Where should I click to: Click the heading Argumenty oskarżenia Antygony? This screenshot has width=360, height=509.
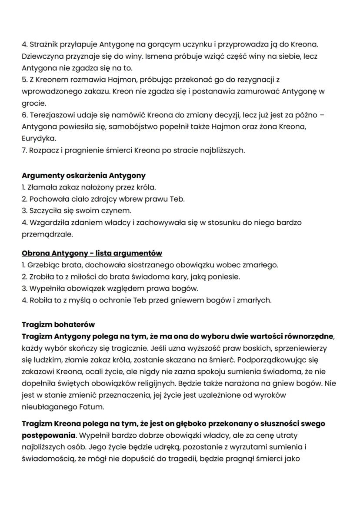tap(83, 176)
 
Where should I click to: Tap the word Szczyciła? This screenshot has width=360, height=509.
tap(45, 211)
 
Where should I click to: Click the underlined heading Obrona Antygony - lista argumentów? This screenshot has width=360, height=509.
tap(92, 253)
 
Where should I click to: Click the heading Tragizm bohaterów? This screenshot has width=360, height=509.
tap(58, 325)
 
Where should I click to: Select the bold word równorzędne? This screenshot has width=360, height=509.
tap(310, 336)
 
